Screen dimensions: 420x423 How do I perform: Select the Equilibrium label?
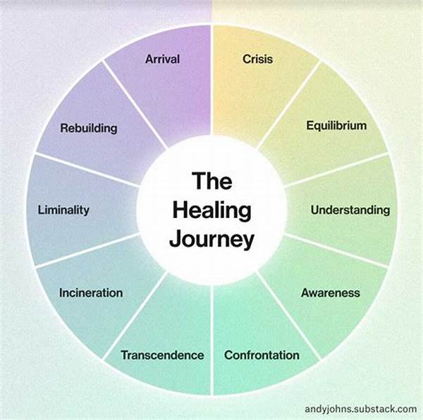coord(336,126)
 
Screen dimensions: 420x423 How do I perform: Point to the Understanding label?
coord(350,210)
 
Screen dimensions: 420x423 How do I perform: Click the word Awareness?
coord(331,293)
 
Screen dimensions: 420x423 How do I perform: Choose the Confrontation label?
coord(262,355)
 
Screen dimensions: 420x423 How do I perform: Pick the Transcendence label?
coord(162,355)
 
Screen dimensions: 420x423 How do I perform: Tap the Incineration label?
coord(91,293)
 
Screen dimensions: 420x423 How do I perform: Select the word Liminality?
coord(63,210)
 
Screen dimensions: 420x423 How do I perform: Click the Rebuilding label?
coord(88,129)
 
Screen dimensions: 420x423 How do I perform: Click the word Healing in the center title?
coord(212,211)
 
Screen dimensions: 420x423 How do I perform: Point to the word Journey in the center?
coord(212,240)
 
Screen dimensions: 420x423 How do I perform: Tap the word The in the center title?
coord(212,182)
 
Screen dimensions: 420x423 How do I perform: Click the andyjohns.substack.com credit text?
coord(360,408)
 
